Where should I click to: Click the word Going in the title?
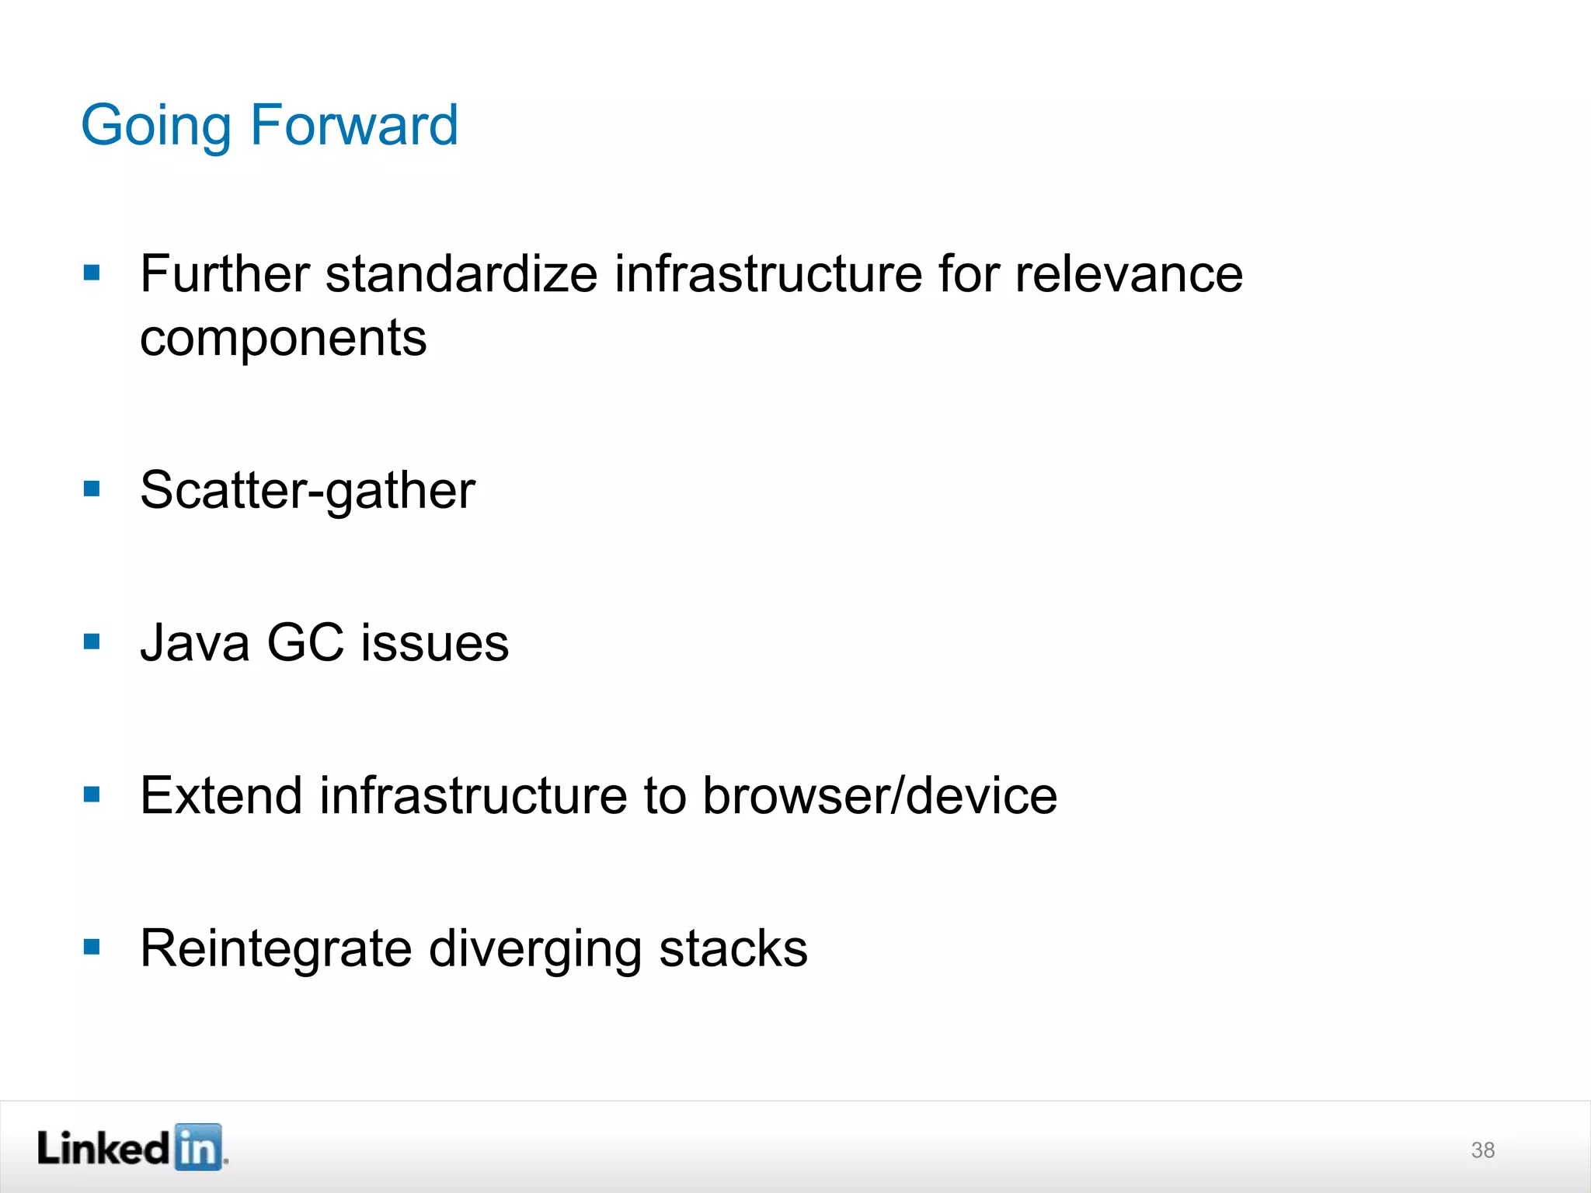(155, 126)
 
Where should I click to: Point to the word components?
(283, 339)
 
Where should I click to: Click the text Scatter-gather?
(308, 491)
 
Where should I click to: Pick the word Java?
(195, 643)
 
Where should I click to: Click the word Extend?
(221, 795)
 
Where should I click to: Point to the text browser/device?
(879, 795)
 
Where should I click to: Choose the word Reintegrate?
(276, 949)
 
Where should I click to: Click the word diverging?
(535, 949)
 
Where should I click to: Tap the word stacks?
(733, 949)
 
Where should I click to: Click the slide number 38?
(1482, 1150)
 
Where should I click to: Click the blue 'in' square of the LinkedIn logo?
(198, 1147)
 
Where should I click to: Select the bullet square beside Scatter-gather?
(92, 489)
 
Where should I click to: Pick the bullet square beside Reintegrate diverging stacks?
(92, 947)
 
